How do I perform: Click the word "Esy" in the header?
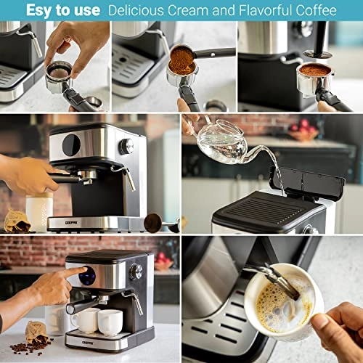click(40, 10)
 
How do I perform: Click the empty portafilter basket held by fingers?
click(59, 73)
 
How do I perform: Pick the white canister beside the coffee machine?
click(39, 211)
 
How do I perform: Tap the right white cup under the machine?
click(110, 322)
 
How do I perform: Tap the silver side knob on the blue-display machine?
click(135, 272)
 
